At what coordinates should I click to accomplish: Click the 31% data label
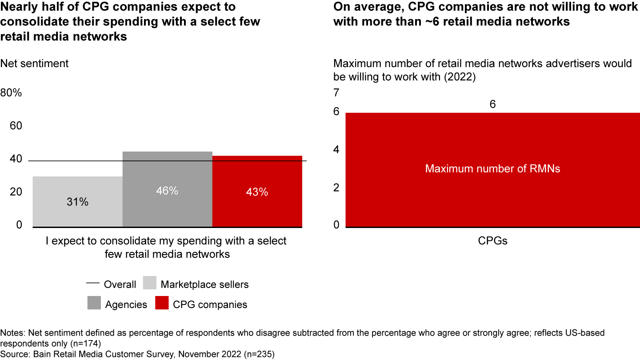[78, 202]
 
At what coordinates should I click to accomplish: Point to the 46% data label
[167, 191]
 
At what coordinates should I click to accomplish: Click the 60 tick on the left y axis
[16, 126]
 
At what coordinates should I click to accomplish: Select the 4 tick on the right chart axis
[336, 150]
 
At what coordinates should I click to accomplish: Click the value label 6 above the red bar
[492, 104]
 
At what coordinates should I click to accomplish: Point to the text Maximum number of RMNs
[492, 169]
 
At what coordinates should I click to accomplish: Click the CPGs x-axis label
[492, 241]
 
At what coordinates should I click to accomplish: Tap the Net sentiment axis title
[34, 64]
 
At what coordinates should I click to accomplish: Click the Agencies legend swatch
[94, 304]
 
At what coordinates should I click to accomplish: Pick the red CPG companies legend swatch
[161, 304]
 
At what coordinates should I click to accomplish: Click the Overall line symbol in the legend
[92, 284]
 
